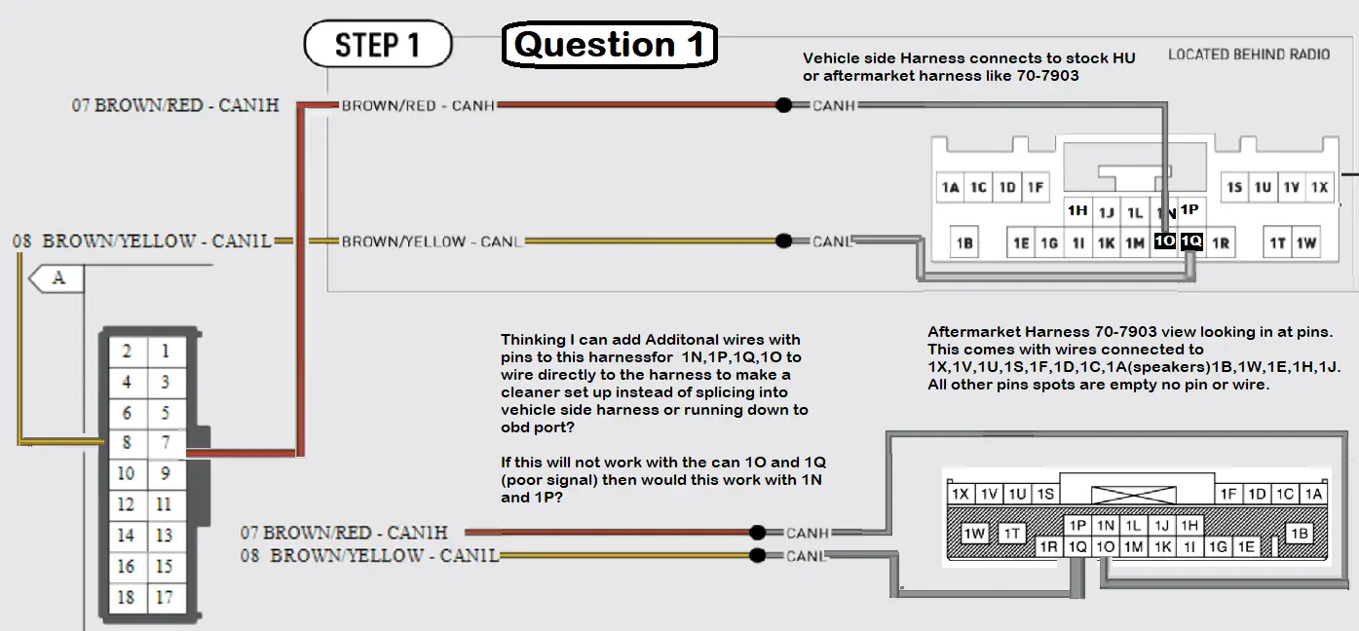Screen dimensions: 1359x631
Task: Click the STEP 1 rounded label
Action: pos(378,44)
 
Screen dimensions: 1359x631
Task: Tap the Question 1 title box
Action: pos(610,44)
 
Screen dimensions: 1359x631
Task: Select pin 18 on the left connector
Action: pos(127,598)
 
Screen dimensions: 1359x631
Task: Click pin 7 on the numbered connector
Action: pos(166,442)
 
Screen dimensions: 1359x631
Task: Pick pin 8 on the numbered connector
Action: pos(127,442)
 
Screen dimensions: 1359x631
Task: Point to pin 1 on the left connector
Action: pos(166,351)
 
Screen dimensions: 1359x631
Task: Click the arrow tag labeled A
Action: pos(57,278)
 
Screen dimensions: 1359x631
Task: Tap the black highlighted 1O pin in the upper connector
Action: pos(1164,241)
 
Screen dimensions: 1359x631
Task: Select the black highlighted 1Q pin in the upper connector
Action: pos(1191,241)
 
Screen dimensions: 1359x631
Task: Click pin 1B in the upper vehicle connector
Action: pos(964,243)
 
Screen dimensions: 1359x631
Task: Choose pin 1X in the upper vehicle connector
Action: pos(1320,187)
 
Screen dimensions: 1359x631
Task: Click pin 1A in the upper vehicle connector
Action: pos(951,187)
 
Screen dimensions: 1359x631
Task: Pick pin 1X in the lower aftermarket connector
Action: pos(961,494)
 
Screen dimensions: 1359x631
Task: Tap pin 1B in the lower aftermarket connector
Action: pos(1300,534)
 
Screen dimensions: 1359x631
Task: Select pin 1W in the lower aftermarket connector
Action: pos(974,534)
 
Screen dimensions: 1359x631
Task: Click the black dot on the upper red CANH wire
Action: pos(784,105)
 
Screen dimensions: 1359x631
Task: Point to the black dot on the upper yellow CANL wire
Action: pos(784,241)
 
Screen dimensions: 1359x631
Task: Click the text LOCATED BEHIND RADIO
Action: pos(1249,55)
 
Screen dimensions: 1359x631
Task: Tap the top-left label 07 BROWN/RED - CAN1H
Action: pos(175,105)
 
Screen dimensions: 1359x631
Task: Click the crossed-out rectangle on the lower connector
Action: pos(1133,495)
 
